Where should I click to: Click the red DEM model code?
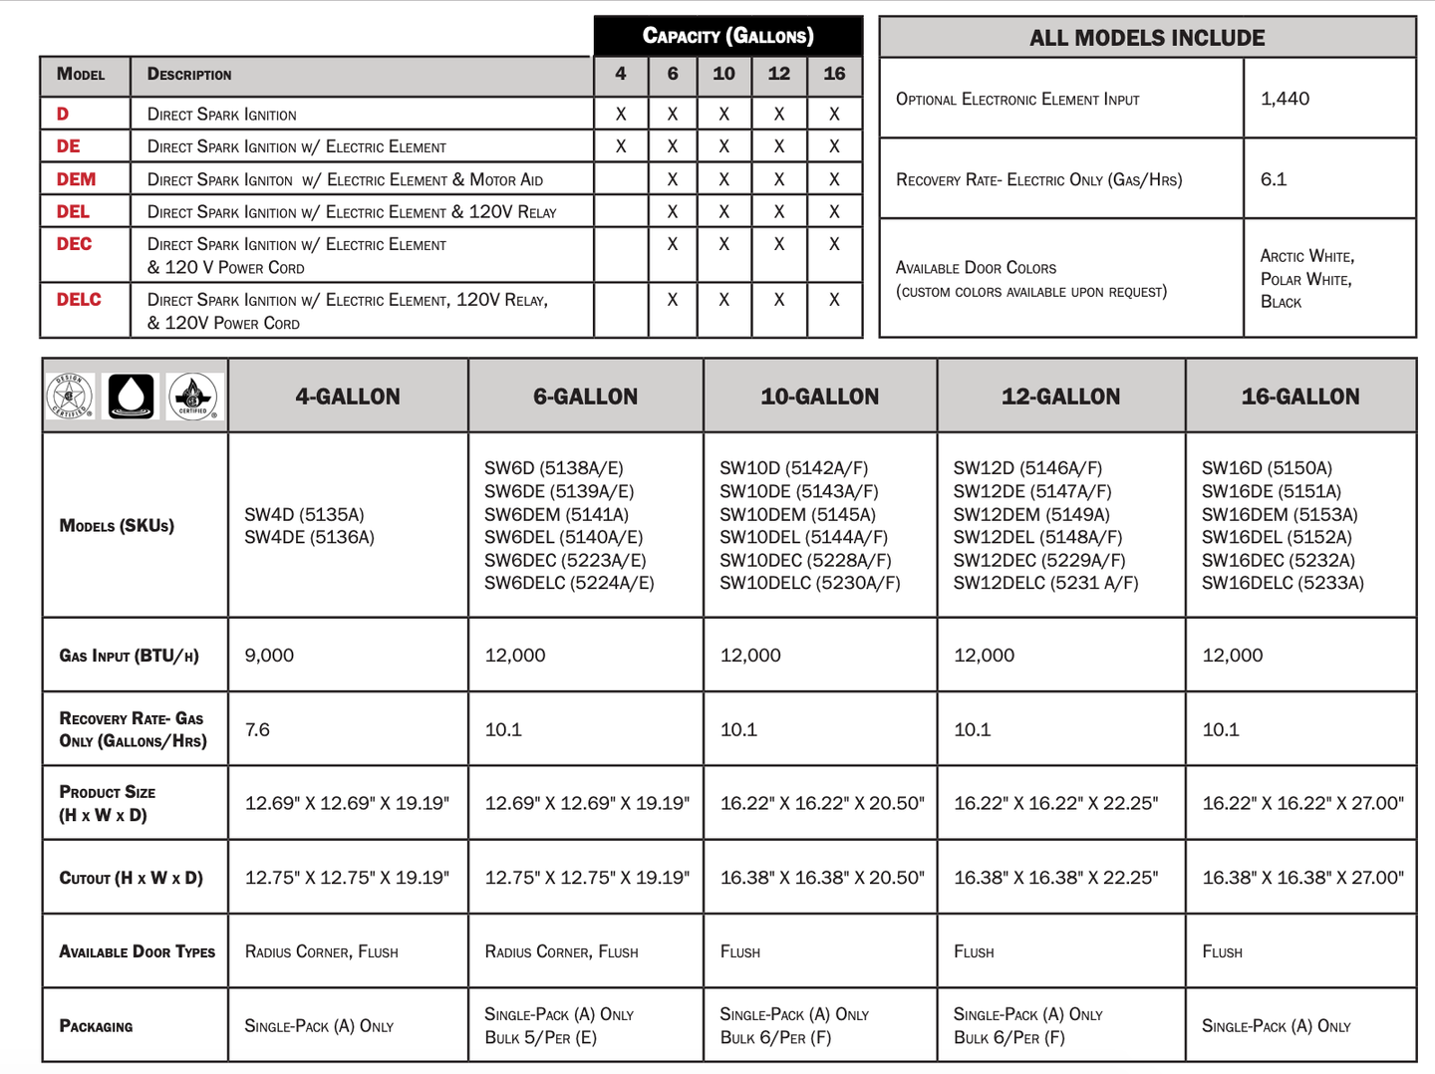coord(76,179)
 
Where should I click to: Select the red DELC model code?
coord(79,300)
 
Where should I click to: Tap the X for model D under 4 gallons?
coord(621,115)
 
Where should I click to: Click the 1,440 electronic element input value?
coord(1285,99)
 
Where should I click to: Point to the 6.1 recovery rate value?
coord(1273,179)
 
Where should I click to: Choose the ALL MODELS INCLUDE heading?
coord(1147,38)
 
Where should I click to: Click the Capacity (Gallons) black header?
coord(727,36)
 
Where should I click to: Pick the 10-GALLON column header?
coord(819,397)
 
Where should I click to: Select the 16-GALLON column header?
coord(1299,397)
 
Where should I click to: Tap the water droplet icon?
coord(131,396)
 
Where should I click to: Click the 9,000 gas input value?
coord(269,656)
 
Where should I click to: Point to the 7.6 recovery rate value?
coord(257,730)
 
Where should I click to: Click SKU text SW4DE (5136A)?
coord(309,538)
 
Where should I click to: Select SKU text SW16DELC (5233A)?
coord(1283,583)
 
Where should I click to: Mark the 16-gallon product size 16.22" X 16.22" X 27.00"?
coord(1302,803)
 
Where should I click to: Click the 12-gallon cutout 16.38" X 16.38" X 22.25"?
coord(1055,878)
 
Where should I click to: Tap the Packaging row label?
coord(96,1026)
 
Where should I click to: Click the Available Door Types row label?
coord(137,951)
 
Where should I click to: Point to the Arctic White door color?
coord(1306,256)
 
